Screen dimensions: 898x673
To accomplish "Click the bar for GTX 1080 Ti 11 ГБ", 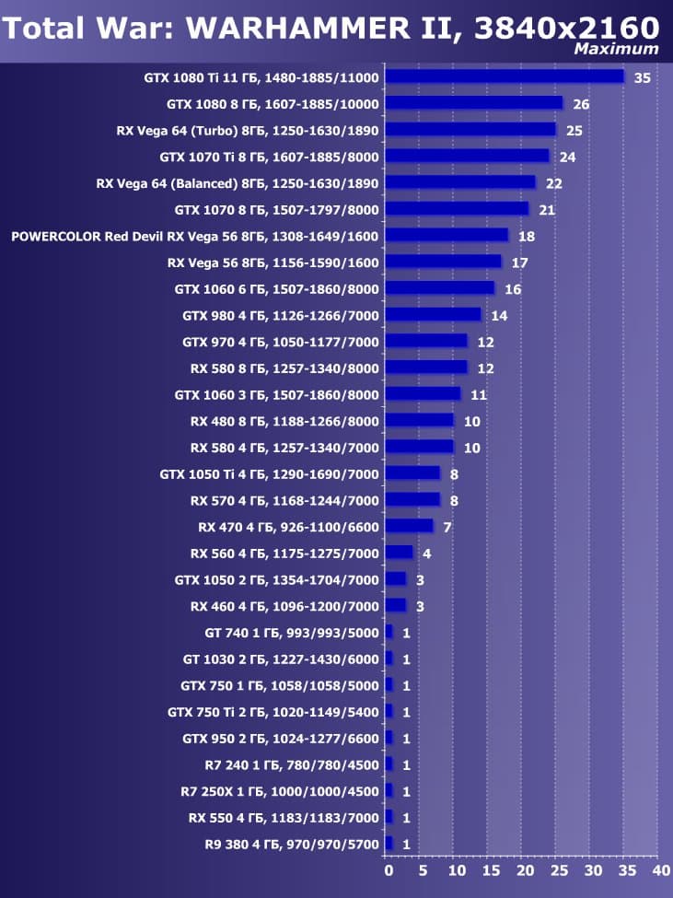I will click(505, 76).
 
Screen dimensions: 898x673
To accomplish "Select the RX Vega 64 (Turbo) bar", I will click(470, 129).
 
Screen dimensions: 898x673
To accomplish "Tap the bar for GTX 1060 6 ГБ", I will click(440, 288).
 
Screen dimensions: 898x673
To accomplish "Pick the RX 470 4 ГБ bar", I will click(409, 526).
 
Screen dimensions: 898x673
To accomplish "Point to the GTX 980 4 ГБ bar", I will click(433, 315).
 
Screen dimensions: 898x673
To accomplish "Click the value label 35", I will click(642, 77).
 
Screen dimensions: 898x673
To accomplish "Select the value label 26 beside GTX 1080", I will click(581, 104).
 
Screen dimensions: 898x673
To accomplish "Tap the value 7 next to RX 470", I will click(447, 528).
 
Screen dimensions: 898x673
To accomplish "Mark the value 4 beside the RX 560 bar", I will click(426, 554).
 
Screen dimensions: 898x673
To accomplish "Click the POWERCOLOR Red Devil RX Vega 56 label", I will click(194, 237).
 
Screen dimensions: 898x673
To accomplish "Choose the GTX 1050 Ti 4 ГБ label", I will click(269, 474).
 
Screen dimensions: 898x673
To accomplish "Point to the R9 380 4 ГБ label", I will click(291, 844).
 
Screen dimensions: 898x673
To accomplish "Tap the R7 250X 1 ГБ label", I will click(279, 791).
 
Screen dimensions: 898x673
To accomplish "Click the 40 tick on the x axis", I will click(659, 869).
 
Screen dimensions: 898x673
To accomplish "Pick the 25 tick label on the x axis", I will click(558, 869).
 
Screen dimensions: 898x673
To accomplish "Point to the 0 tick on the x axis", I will click(389, 869).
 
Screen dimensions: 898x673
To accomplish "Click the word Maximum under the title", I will click(616, 49).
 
